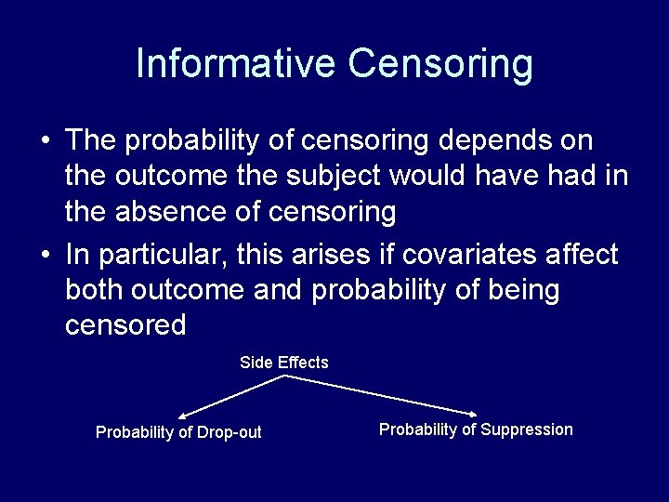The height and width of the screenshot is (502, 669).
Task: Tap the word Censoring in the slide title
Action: (x=440, y=64)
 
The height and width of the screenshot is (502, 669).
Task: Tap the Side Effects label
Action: (x=283, y=363)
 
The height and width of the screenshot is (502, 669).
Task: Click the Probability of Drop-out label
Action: (x=178, y=432)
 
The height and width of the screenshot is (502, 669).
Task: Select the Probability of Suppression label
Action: (x=476, y=429)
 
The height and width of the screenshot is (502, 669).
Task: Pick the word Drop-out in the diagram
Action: (x=232, y=432)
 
